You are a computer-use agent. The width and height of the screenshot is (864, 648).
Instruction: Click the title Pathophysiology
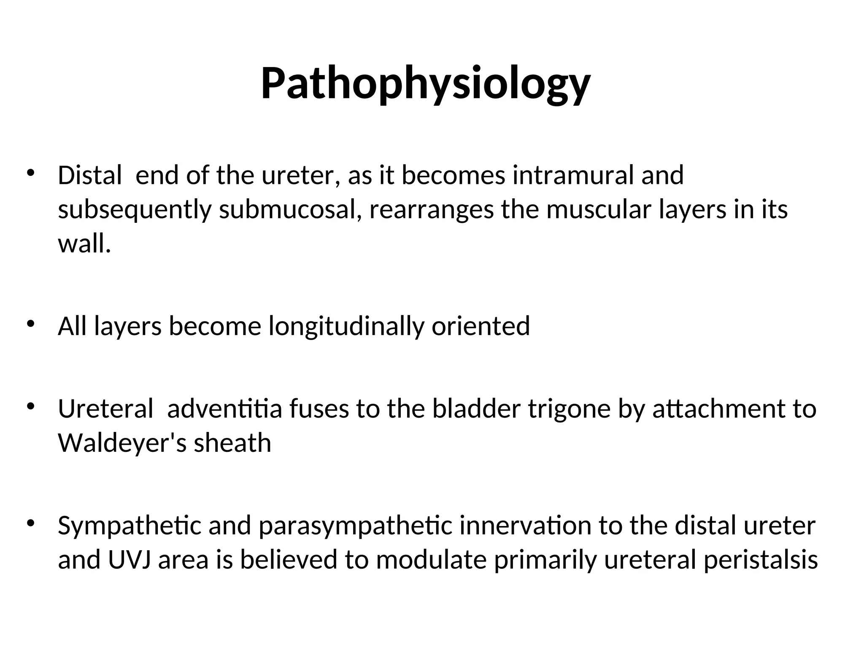point(426,84)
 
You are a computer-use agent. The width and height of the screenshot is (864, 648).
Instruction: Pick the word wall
point(84,244)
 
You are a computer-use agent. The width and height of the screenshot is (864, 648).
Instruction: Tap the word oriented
point(481,326)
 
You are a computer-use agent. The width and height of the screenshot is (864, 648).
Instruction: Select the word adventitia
point(224,409)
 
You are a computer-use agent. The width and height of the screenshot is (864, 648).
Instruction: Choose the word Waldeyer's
point(122,443)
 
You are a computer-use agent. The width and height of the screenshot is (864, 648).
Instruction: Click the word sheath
point(232,443)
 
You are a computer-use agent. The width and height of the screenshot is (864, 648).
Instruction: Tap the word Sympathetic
point(130,526)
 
